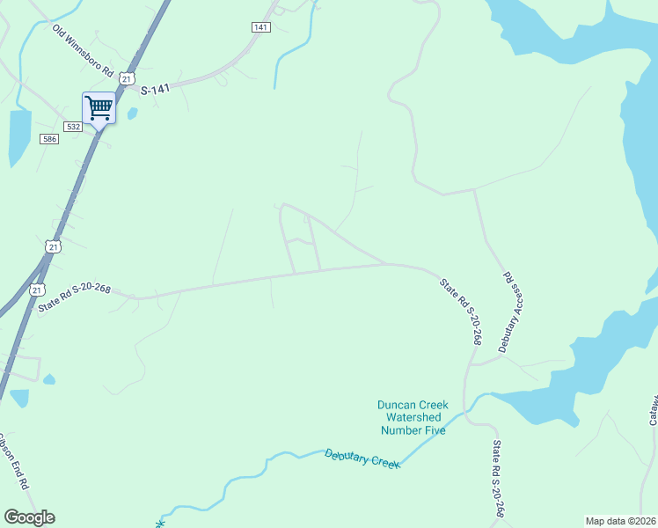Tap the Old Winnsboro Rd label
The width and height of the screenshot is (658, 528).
[x=84, y=50]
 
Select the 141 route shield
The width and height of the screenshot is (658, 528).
[x=260, y=27]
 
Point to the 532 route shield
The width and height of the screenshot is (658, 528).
[x=74, y=127]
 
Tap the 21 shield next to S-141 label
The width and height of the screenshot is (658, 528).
[x=128, y=79]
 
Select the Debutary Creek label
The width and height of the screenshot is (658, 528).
[x=362, y=458]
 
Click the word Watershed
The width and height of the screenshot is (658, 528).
[x=412, y=417]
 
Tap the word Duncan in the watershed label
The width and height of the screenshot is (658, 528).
[x=393, y=405]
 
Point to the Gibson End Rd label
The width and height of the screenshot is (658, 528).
[x=13, y=460]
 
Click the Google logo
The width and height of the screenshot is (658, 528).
[x=29, y=517]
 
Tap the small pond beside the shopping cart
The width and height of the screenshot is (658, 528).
[x=132, y=114]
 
